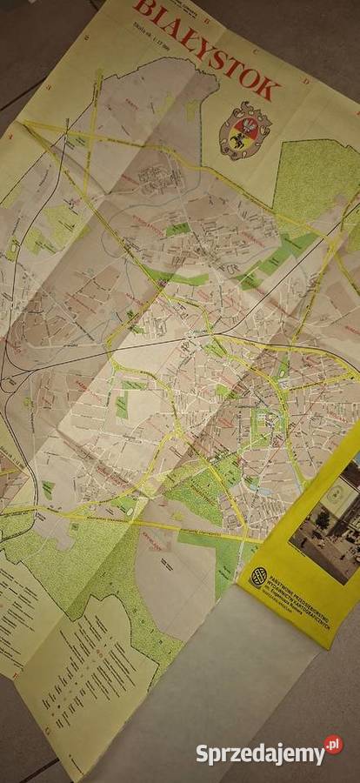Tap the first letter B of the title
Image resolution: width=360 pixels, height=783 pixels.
pyautogui.click(x=142, y=12)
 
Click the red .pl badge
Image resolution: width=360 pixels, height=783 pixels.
pyautogui.click(x=333, y=745)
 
